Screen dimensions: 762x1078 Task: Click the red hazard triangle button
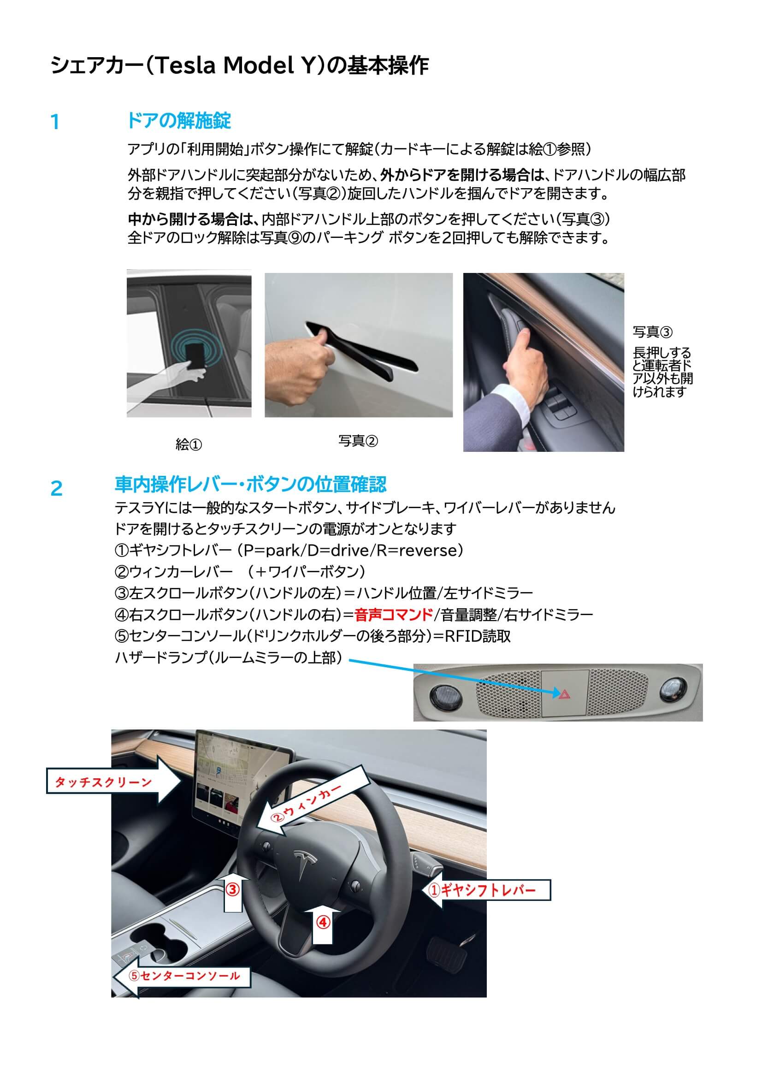(564, 693)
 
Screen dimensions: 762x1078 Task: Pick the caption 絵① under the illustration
(189, 444)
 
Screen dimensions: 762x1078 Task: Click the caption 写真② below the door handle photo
(358, 441)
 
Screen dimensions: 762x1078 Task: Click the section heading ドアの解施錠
(179, 121)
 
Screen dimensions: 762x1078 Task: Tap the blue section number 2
(56, 489)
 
